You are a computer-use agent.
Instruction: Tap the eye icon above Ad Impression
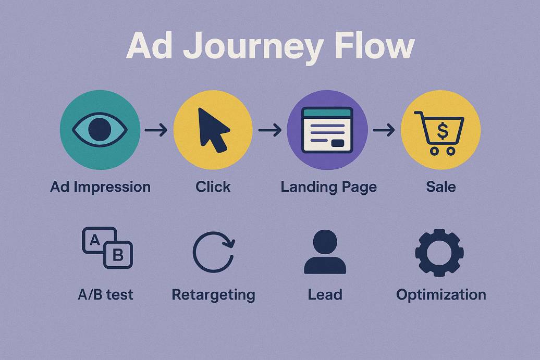[x=100, y=129]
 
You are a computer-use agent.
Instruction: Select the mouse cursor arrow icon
[x=213, y=129]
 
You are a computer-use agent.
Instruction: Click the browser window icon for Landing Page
[x=327, y=130]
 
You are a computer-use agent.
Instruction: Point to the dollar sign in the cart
[x=442, y=130]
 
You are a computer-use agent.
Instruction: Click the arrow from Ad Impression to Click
[x=156, y=130]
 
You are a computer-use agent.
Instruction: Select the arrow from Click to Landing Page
[x=269, y=130]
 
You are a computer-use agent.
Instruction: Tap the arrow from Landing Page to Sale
[x=384, y=130]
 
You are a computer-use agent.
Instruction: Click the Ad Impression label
[x=100, y=187]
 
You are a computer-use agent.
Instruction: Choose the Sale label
[x=440, y=187]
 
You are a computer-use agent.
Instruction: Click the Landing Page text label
[x=328, y=187]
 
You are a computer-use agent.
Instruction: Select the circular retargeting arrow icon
[x=213, y=252]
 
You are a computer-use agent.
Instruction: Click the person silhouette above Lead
[x=325, y=252]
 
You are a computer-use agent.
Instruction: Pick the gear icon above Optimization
[x=439, y=252]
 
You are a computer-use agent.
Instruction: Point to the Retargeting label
[x=213, y=295]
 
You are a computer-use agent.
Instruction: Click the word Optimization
[x=441, y=294]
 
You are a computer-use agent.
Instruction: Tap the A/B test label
[x=105, y=295]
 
